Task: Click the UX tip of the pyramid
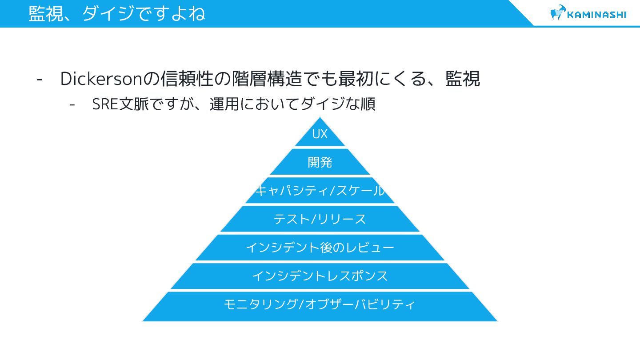(x=320, y=134)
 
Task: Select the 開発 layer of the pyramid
(x=320, y=162)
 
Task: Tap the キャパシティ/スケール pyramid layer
(x=320, y=191)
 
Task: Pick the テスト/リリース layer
(x=320, y=219)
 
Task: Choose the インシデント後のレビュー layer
(x=320, y=248)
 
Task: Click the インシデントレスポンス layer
(x=320, y=276)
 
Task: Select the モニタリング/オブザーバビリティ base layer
(x=320, y=305)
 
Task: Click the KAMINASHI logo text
(x=597, y=14)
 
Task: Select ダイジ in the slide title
(x=107, y=13)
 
